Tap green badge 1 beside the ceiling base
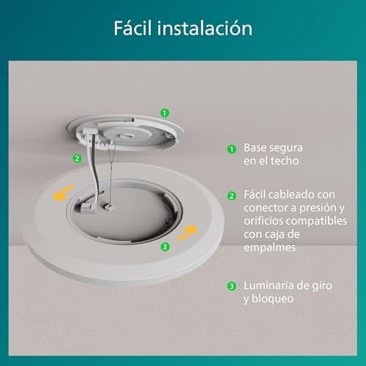pyautogui.click(x=165, y=113)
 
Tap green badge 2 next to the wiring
pyautogui.click(x=76, y=157)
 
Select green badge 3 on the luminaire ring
pyautogui.click(x=165, y=247)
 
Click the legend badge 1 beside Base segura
pyautogui.click(x=231, y=148)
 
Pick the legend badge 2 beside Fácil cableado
pyautogui.click(x=231, y=196)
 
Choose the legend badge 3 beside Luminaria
pyautogui.click(x=231, y=286)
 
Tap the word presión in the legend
pyautogui.click(x=318, y=208)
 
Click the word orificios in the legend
pyautogui.click(x=266, y=221)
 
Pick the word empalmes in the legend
pyautogui.click(x=270, y=247)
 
